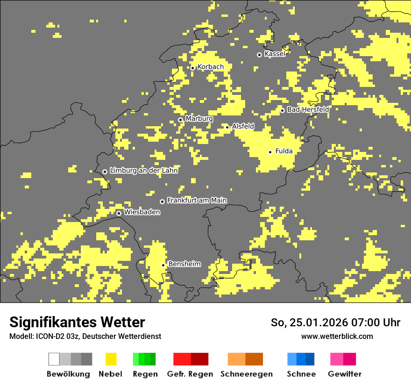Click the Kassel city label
275,54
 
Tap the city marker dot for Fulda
270,152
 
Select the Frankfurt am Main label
197,201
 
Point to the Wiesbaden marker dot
119,213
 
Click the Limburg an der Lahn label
143,171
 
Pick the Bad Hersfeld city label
308,109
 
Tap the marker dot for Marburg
180,120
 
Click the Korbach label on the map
210,67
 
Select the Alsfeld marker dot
227,127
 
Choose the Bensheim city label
184,264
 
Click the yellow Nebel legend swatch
111,359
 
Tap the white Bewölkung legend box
54,359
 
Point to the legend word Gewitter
344,374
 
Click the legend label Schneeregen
246,374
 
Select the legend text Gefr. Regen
190,374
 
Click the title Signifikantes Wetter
77,322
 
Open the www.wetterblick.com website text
337,337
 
